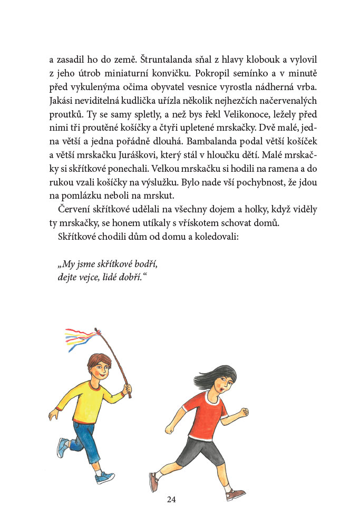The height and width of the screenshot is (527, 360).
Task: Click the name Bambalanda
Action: pos(217,141)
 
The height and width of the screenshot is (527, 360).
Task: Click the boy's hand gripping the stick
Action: pos(127,389)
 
